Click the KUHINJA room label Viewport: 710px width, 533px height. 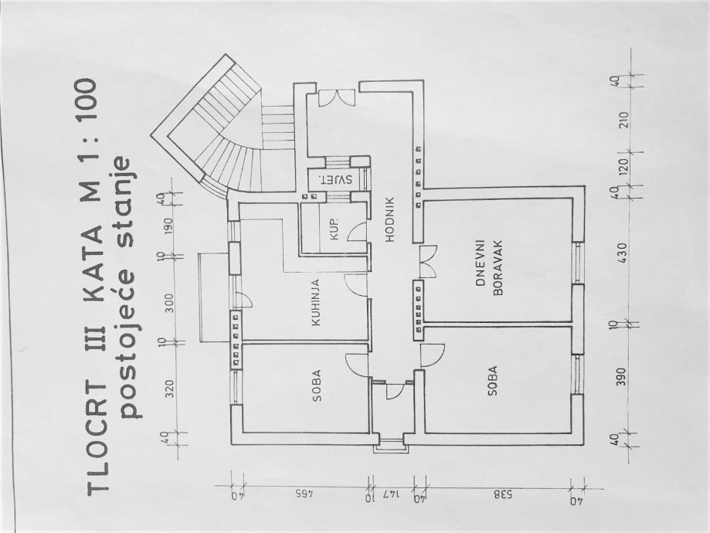(x=316, y=302)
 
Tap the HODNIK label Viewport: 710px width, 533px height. (x=390, y=219)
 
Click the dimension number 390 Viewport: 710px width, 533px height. (x=622, y=376)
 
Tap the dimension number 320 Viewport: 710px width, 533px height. (x=169, y=389)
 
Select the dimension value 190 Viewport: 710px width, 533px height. (x=169, y=225)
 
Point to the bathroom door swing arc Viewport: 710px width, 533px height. (x=356, y=232)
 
